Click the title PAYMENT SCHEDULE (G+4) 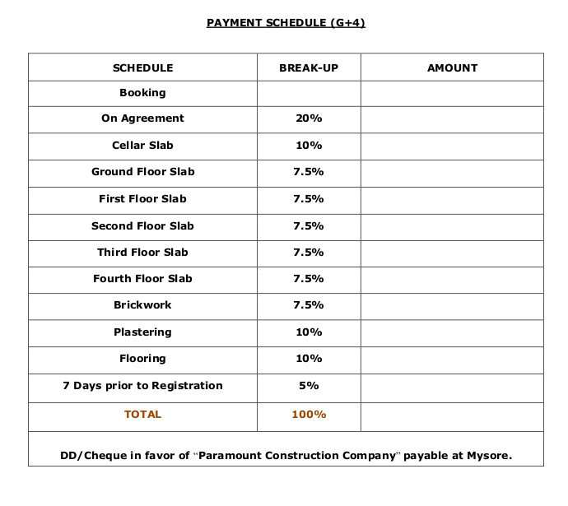pos(286,23)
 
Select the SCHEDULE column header pos(142,68)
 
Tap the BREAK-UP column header pos(309,68)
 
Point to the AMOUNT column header pos(452,68)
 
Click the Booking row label pos(142,93)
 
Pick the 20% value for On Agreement pos(309,118)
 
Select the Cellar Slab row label pos(142,146)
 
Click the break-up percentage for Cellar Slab pos(309,146)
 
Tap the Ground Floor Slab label pos(142,172)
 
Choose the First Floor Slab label pos(142,199)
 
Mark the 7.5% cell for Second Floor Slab pos(309,225)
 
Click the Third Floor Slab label pos(142,252)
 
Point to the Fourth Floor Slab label pos(142,279)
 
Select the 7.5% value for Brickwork pos(309,305)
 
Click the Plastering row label pos(142,332)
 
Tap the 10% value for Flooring pos(309,359)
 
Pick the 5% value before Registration pos(309,386)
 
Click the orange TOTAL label pos(142,415)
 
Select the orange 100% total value pos(309,415)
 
